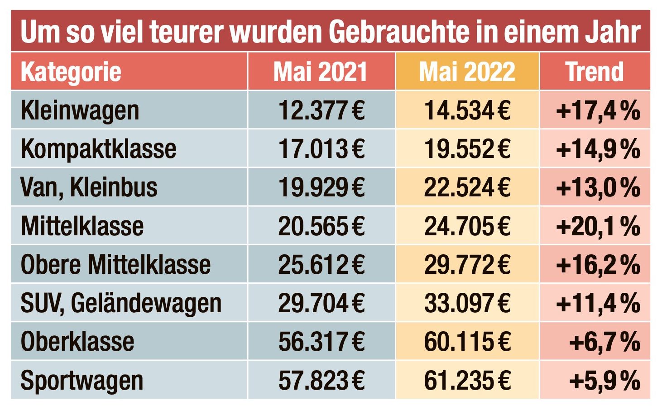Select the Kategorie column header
[71, 72]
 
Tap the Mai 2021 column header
[320, 72]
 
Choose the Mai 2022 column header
[467, 72]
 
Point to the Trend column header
[595, 72]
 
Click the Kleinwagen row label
[80, 110]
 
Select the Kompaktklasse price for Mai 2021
[321, 149]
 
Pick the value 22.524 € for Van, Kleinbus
[467, 187]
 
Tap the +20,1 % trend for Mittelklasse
[598, 226]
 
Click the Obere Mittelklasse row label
[115, 264]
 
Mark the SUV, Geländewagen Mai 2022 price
[467, 303]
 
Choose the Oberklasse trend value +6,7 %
[604, 342]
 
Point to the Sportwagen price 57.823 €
[321, 380]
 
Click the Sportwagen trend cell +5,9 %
[604, 380]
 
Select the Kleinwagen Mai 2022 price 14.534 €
[467, 110]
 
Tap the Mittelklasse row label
[82, 226]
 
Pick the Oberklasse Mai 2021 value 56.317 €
[321, 342]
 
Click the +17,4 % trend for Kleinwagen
[598, 110]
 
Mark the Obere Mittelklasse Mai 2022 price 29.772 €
[467, 264]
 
